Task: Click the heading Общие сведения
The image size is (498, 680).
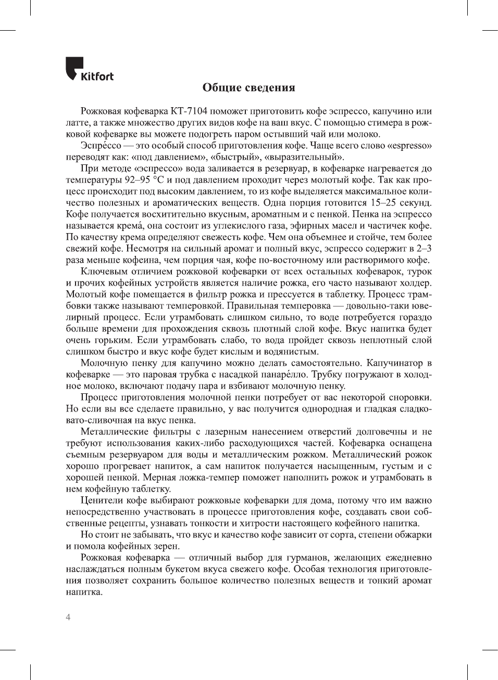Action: click(248, 87)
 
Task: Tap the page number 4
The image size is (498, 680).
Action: click(68, 617)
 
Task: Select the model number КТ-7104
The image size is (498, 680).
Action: click(189, 111)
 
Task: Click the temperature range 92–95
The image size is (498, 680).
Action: click(137, 179)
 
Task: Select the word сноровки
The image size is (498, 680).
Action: click(409, 397)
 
